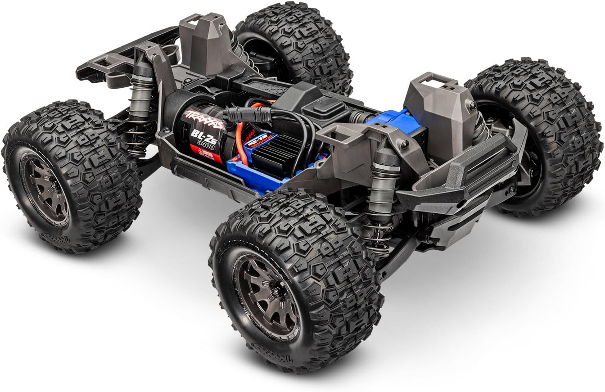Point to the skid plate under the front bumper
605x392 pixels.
point(455,225)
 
